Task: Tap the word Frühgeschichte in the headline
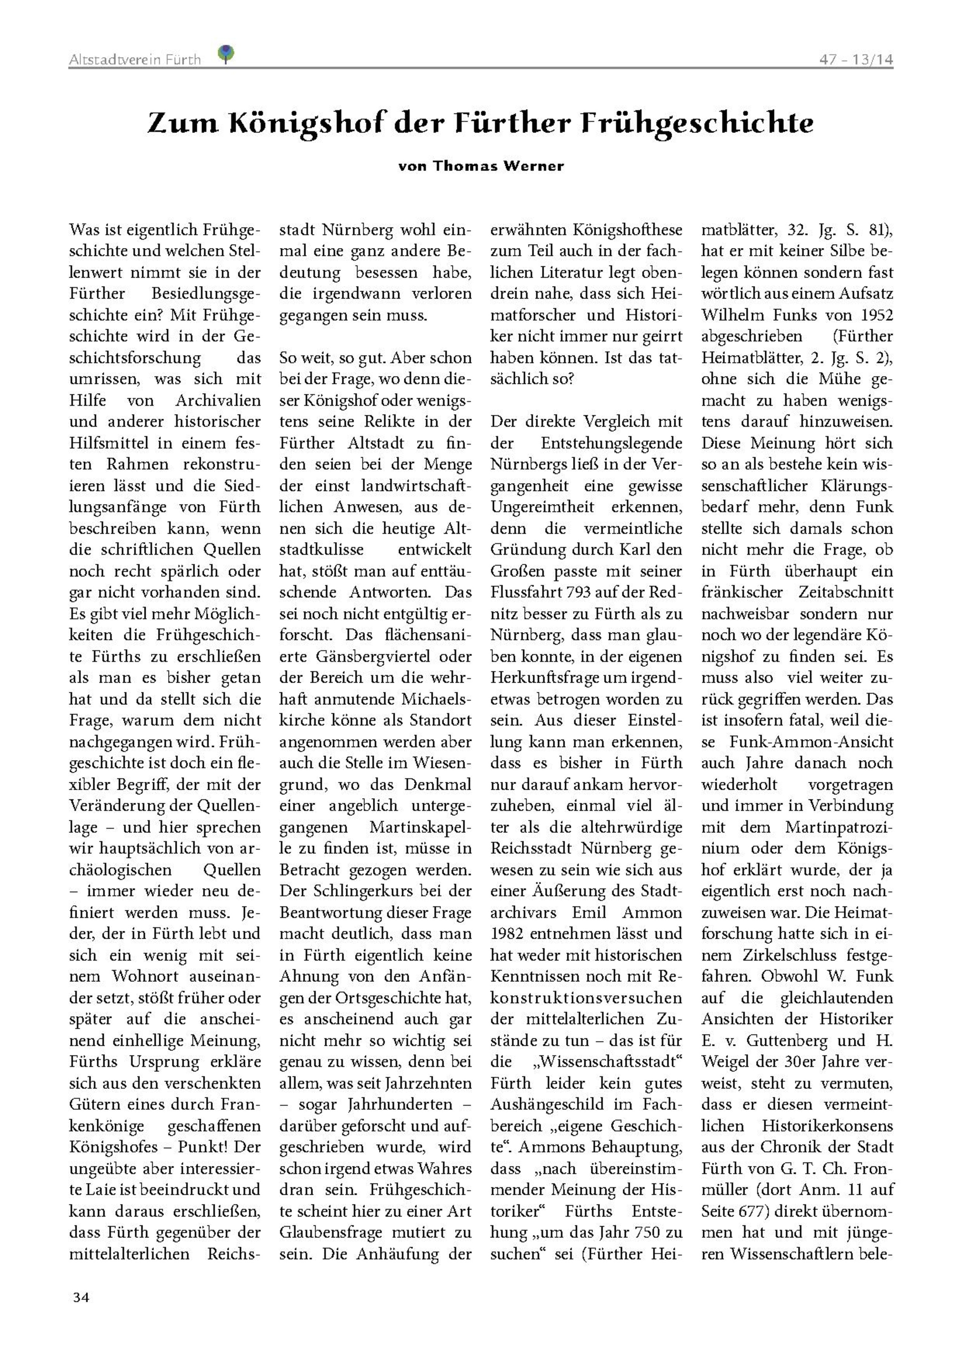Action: point(697,123)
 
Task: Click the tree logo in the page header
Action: point(226,54)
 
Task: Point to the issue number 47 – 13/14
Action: point(856,60)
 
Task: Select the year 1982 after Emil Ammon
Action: point(507,933)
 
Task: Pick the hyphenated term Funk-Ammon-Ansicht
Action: point(804,741)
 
